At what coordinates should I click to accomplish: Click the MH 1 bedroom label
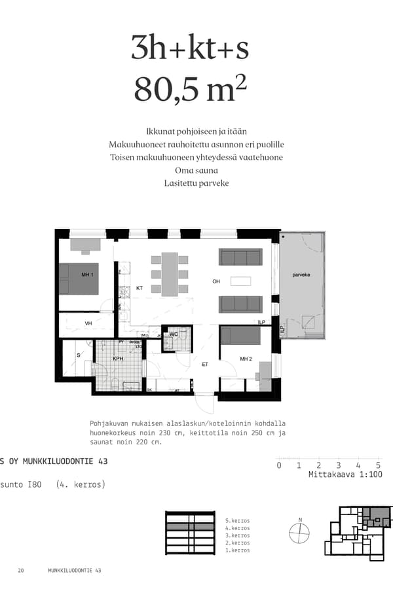click(x=87, y=274)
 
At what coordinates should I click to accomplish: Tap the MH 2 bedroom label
click(x=246, y=359)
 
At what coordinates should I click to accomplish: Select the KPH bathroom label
click(x=118, y=359)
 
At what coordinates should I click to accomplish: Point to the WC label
click(x=174, y=334)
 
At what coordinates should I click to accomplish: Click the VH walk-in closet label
click(x=88, y=323)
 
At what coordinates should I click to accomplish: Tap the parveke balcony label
click(x=301, y=275)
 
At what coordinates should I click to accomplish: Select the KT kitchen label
click(x=140, y=288)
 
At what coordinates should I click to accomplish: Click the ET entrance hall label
click(x=204, y=365)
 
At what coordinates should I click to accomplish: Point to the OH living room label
click(x=216, y=282)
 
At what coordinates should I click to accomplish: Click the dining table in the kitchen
click(x=170, y=274)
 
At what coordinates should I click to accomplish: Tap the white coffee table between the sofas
click(x=240, y=281)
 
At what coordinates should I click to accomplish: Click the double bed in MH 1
click(x=79, y=279)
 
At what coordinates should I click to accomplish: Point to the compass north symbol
click(x=299, y=534)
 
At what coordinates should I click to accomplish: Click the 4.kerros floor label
click(x=236, y=528)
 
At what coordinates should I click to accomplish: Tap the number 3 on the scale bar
click(x=338, y=465)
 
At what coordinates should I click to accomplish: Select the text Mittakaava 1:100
click(x=345, y=475)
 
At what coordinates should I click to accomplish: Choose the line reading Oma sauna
click(x=196, y=170)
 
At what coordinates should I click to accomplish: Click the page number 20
click(x=21, y=571)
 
